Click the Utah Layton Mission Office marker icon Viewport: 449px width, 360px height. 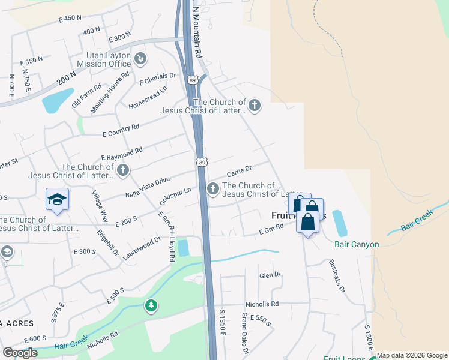(140, 58)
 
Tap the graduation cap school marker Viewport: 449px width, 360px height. (57, 199)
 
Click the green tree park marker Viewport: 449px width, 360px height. (151, 307)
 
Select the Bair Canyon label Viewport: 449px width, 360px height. (357, 244)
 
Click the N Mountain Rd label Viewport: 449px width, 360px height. (197, 33)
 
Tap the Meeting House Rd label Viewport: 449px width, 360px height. (110, 93)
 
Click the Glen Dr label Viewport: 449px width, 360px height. (270, 275)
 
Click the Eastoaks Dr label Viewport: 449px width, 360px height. (337, 275)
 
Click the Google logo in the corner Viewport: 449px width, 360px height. (20, 352)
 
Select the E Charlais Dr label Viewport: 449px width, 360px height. (157, 78)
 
